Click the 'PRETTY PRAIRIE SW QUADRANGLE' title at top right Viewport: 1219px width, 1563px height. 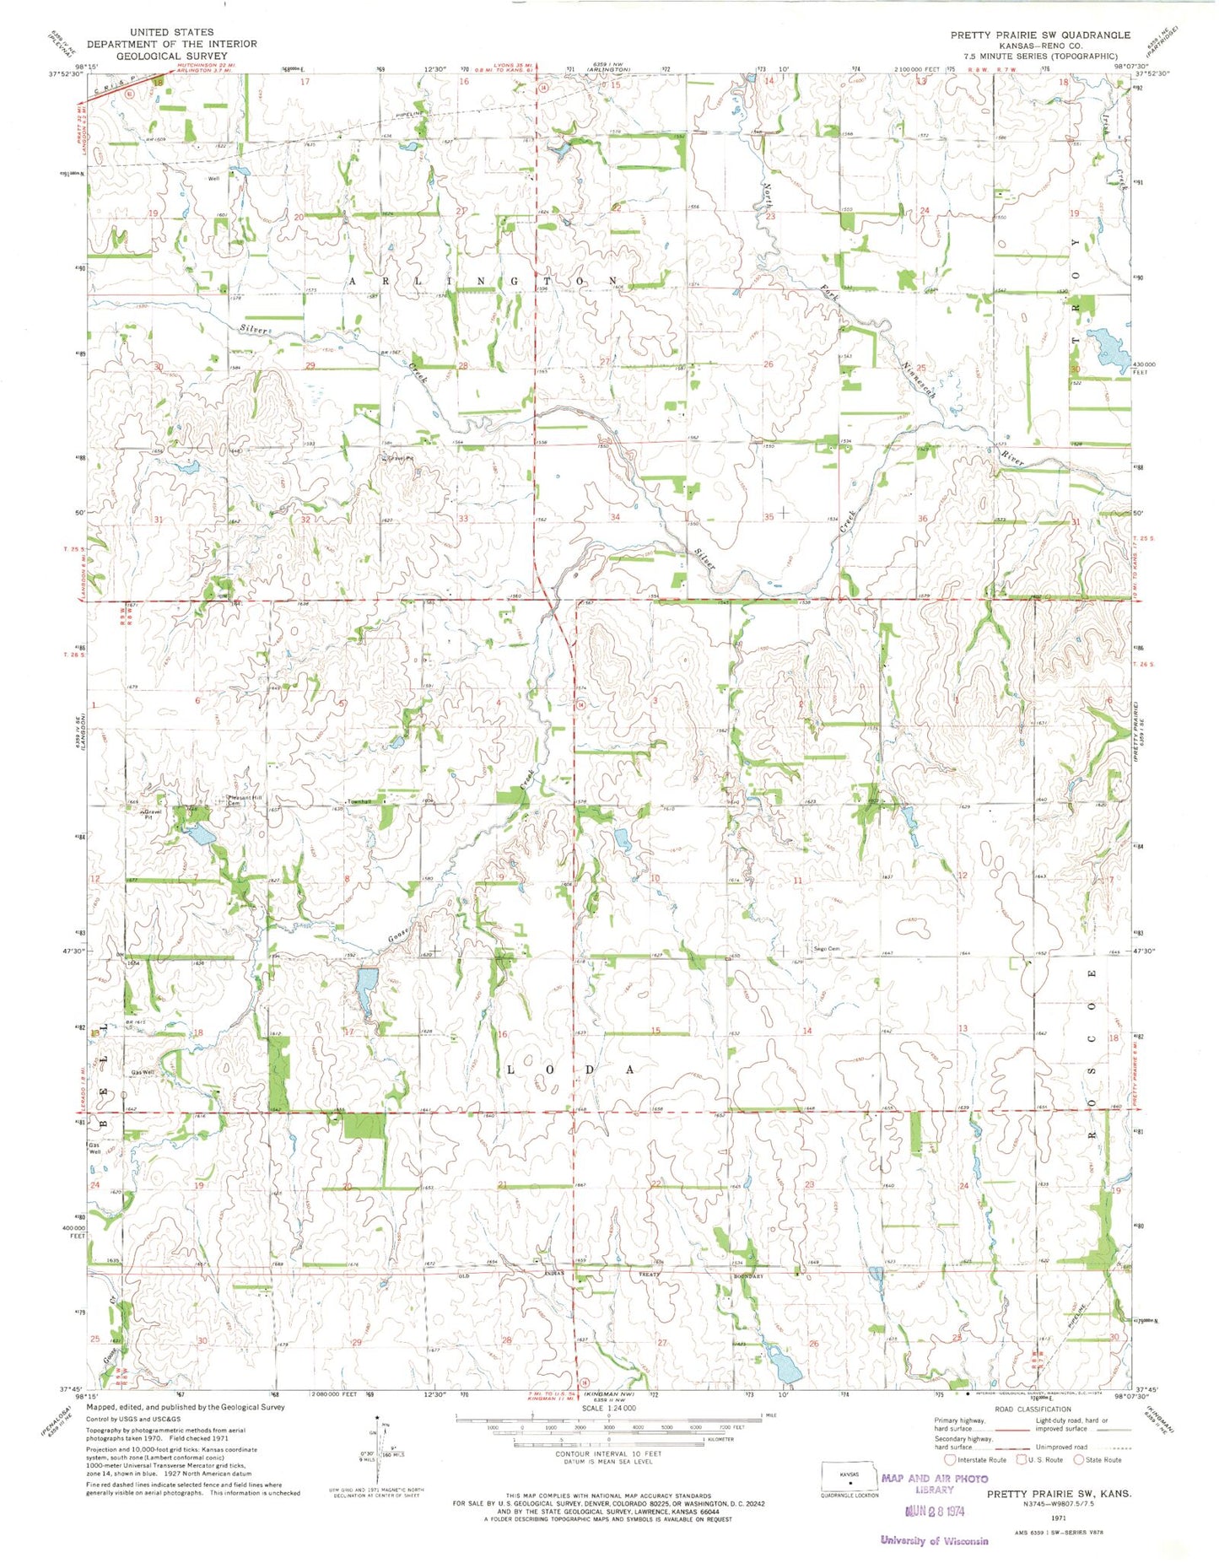1039,35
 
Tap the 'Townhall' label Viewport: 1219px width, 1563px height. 356,801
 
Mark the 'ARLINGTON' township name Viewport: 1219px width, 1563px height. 483,279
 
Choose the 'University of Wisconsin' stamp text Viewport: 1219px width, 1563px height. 934,1540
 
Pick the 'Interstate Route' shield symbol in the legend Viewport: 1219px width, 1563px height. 950,1459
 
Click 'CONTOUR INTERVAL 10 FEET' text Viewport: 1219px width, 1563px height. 607,1453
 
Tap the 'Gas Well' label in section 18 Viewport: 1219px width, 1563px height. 142,1073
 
